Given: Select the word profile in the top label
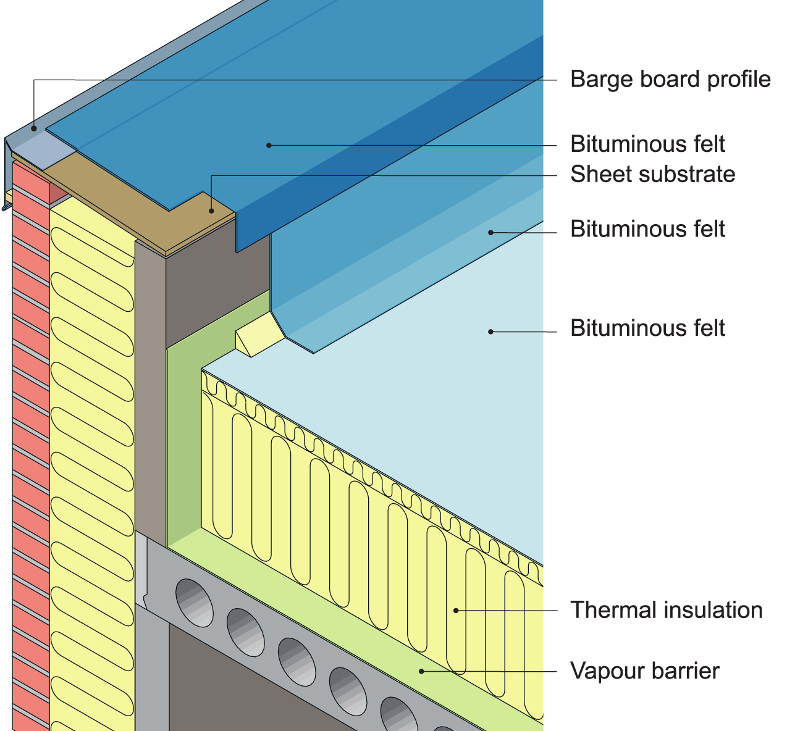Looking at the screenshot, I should pyautogui.click(x=739, y=80).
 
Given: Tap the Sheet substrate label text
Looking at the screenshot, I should pyautogui.click(x=652, y=174).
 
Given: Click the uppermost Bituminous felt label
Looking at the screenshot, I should pyautogui.click(x=647, y=144).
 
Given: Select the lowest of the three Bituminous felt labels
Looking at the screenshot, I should pyautogui.click(x=647, y=328).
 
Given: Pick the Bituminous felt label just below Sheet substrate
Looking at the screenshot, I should pyautogui.click(x=647, y=229).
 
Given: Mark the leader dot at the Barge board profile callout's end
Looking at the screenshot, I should pyautogui.click(x=35, y=128).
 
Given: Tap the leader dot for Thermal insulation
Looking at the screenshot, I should pyautogui.click(x=456, y=611).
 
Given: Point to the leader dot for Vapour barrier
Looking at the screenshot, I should pyautogui.click(x=422, y=671).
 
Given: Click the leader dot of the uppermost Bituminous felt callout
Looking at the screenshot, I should pyautogui.click(x=269, y=145).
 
